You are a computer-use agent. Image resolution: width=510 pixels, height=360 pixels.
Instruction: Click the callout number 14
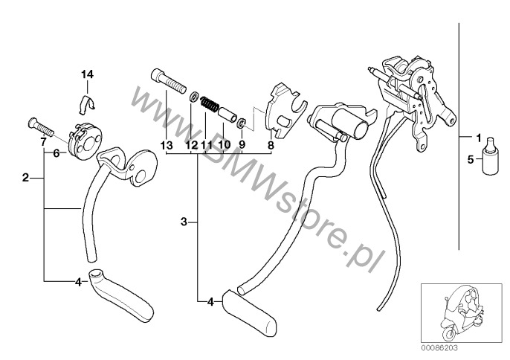coord(87,74)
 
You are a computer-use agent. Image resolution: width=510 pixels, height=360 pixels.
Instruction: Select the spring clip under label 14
coord(87,103)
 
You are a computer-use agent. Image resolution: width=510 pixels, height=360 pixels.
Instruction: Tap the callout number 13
coord(167,145)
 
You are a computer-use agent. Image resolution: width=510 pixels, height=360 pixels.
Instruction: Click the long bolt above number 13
coord(169,81)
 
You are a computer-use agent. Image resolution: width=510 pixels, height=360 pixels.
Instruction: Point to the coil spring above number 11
coord(210,104)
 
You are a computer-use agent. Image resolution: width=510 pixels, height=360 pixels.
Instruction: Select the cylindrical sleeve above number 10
coord(227,115)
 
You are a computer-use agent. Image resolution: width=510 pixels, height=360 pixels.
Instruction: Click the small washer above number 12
coord(195,97)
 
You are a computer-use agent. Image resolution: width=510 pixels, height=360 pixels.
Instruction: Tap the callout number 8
coord(271,145)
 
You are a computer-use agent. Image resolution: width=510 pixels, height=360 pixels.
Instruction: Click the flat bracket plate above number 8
coord(285,111)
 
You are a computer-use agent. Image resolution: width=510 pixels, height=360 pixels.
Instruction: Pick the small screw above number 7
coord(41,128)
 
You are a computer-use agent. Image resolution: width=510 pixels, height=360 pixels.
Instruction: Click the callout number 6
coord(57,153)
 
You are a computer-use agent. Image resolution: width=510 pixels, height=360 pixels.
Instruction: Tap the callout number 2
coord(25,178)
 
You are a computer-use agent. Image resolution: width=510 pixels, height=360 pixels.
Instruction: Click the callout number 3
coord(184,222)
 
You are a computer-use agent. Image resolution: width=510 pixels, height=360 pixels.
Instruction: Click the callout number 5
coord(471,159)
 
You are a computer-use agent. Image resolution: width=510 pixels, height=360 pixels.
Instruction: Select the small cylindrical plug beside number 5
coord(490,156)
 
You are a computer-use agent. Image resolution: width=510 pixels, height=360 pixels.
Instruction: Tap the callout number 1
coord(478,138)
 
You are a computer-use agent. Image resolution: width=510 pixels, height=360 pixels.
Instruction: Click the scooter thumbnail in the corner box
coord(462,313)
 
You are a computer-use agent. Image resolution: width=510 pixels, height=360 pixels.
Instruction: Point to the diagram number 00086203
coord(440,348)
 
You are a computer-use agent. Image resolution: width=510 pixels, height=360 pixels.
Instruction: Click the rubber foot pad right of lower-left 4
coord(120,295)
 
